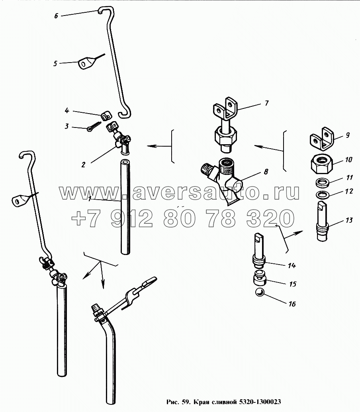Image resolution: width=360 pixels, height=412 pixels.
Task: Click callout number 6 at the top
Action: [x=56, y=16]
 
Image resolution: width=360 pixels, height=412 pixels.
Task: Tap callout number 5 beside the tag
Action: [x=56, y=63]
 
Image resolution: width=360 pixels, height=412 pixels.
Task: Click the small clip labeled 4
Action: [x=105, y=116]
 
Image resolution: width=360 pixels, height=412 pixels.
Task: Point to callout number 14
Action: [x=292, y=265]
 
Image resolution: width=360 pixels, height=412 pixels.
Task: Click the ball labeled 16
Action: [x=260, y=294]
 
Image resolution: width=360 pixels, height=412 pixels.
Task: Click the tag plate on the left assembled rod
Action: [x=18, y=200]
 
